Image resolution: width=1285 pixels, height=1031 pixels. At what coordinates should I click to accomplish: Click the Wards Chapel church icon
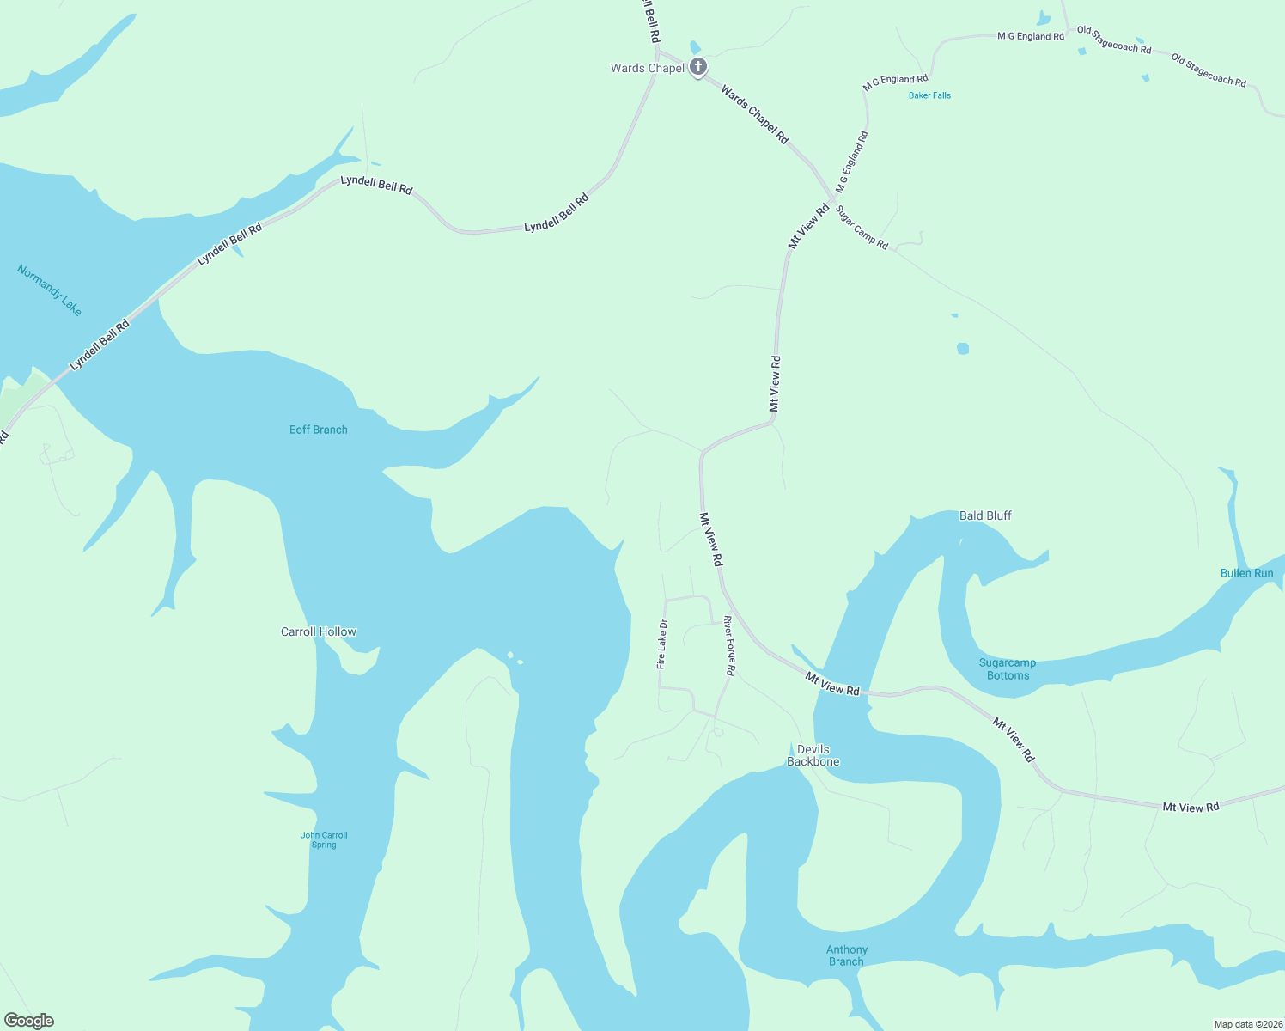coord(698,67)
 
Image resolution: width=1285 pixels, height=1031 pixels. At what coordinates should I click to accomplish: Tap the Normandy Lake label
coord(50,290)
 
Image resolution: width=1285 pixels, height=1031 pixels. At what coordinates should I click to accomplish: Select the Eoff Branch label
coord(318,430)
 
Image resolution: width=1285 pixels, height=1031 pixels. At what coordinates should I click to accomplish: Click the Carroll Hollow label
coord(319,631)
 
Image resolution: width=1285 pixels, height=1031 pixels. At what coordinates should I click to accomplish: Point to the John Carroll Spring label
coord(324,839)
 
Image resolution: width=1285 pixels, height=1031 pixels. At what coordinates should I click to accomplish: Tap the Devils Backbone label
coord(813,755)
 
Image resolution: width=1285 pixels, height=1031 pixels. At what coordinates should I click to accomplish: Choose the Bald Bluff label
coord(985,515)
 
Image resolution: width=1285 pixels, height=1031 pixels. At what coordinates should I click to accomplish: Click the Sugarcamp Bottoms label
coord(1008,668)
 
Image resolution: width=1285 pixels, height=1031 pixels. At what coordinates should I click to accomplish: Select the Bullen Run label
coord(1246,573)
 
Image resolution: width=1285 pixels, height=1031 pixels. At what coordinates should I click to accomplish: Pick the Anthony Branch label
coord(847,955)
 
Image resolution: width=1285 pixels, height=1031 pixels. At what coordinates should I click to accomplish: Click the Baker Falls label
coord(929,95)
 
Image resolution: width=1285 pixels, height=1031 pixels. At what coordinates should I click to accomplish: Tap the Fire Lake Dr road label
coord(661,644)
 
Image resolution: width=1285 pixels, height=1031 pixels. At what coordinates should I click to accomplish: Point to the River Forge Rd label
coord(729,645)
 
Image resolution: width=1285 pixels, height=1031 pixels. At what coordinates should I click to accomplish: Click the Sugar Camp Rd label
coord(862,228)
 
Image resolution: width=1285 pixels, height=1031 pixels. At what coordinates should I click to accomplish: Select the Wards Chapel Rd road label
coord(754,114)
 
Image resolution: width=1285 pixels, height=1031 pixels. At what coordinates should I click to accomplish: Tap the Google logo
coord(29,1021)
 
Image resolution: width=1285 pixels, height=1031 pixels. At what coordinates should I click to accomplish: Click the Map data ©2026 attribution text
coord(1245,1024)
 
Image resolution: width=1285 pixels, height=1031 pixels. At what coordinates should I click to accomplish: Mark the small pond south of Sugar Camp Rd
coord(963,348)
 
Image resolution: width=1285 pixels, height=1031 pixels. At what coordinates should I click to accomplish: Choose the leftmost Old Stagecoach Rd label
coord(1114,40)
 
